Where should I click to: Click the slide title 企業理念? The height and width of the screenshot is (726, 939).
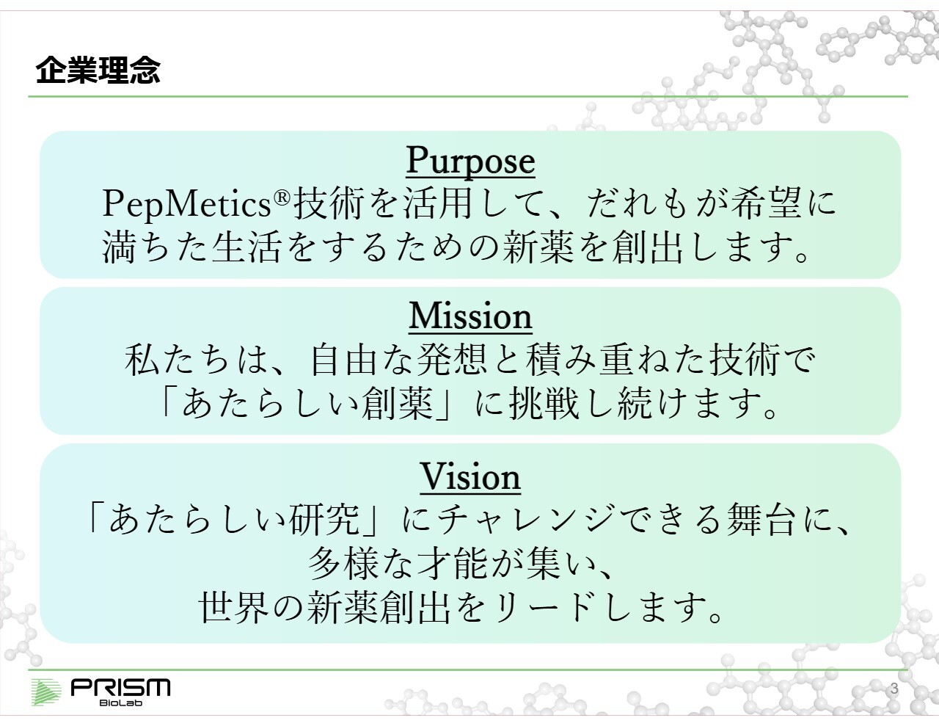98,70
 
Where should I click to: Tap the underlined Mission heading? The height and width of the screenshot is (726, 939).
470,317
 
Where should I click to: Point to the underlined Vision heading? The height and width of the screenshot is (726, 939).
470,477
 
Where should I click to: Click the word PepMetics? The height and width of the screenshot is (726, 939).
186,204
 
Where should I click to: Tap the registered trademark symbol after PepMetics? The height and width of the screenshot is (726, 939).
280,197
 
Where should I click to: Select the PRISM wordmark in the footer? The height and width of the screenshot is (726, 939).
120,687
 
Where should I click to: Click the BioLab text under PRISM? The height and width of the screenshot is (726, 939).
120,703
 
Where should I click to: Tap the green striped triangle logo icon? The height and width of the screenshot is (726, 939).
47,693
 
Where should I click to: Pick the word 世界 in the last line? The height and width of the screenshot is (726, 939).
234,609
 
